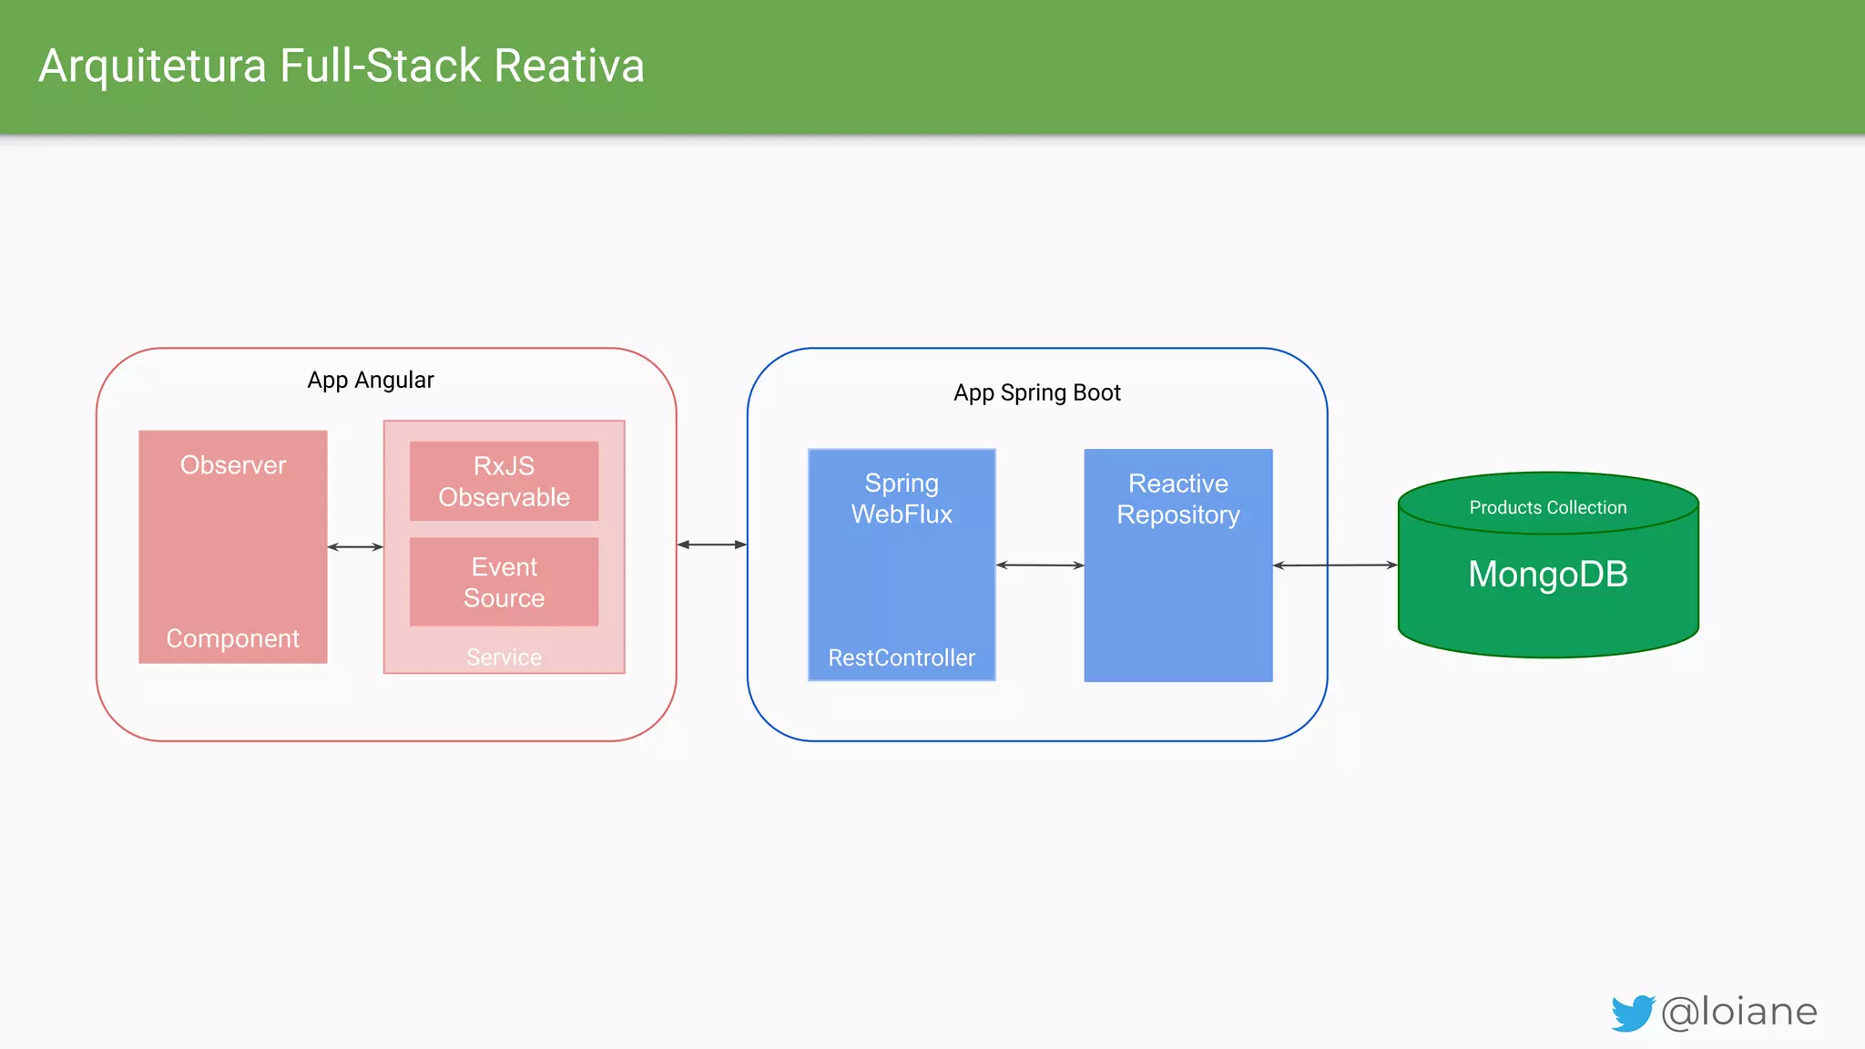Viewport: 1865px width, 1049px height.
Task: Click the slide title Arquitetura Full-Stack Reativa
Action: pos(341,66)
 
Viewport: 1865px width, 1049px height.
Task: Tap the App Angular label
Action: pos(370,380)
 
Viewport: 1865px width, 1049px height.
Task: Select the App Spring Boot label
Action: pos(1036,392)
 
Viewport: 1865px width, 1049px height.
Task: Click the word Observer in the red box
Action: pos(233,465)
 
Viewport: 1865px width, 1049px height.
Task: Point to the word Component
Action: pos(233,638)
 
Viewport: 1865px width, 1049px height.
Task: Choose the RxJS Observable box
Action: pos(504,482)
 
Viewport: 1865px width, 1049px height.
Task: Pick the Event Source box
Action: pos(504,582)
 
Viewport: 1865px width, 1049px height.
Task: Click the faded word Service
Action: pos(504,657)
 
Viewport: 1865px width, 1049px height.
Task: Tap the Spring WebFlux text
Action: pos(902,498)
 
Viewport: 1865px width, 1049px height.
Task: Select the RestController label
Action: pos(902,657)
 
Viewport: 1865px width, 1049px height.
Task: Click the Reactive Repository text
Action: pos(1178,499)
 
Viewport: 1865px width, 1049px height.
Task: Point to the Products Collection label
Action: pos(1547,507)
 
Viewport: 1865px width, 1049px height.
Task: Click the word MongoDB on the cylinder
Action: pos(1547,575)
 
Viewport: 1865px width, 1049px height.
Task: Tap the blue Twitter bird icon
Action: pos(1632,1013)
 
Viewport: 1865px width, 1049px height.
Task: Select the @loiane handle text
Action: pos(1739,1012)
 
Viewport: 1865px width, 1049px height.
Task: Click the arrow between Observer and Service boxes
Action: pos(355,547)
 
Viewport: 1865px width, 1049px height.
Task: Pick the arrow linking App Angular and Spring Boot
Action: pos(712,545)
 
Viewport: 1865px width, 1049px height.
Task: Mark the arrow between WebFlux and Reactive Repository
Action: pos(1040,565)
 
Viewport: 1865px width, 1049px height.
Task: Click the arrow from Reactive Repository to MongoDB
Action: pos(1335,565)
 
